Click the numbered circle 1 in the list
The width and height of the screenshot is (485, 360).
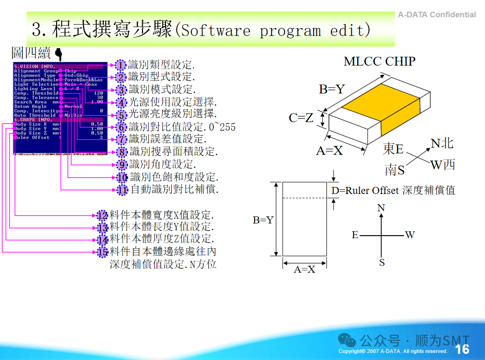pyautogui.click(x=121, y=65)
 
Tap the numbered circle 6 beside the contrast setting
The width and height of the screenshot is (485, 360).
pyautogui.click(x=122, y=127)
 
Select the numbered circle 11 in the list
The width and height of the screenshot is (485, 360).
pyautogui.click(x=122, y=190)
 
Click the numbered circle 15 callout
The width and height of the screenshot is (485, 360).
pyautogui.click(x=103, y=252)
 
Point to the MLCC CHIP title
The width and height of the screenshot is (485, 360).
pyautogui.click(x=379, y=61)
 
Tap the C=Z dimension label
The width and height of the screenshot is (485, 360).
pyautogui.click(x=301, y=118)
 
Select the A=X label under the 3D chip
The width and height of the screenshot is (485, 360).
pyautogui.click(x=329, y=151)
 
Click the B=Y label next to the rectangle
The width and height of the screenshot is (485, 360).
pyautogui.click(x=263, y=220)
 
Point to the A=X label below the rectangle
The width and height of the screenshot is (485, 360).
pyautogui.click(x=304, y=269)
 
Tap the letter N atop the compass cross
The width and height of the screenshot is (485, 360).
pyautogui.click(x=381, y=208)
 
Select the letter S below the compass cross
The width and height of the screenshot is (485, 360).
pyautogui.click(x=382, y=262)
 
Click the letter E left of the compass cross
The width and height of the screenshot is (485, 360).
pyautogui.click(x=355, y=235)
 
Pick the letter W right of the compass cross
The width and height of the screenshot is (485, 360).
pyautogui.click(x=410, y=235)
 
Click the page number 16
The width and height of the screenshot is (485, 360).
pyautogui.click(x=462, y=349)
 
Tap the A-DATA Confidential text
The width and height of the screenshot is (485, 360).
pyautogui.click(x=437, y=14)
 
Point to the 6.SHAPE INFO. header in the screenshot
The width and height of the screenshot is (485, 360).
pyautogui.click(x=33, y=120)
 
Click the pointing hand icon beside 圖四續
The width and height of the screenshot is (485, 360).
pyautogui.click(x=59, y=53)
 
